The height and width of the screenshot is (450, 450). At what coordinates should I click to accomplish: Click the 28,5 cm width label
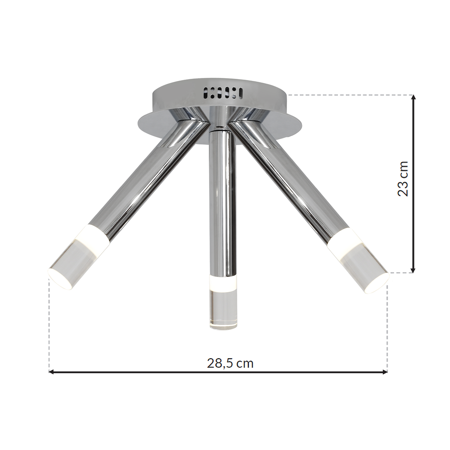(230, 363)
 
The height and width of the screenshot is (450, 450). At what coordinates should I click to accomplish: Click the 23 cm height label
(403, 178)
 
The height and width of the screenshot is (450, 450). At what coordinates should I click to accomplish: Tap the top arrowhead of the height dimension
(413, 98)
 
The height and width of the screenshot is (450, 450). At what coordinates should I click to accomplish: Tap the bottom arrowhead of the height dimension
(413, 269)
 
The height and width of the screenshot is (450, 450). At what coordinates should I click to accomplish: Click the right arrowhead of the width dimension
(384, 372)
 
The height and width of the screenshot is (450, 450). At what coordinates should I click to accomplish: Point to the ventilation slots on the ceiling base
(222, 93)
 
